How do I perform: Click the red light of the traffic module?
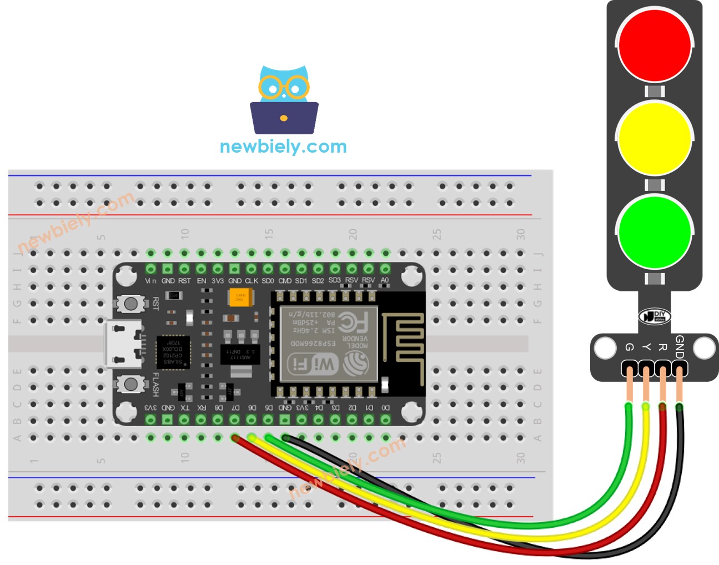click(654, 44)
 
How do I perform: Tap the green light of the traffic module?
click(654, 231)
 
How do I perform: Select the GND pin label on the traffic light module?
click(679, 347)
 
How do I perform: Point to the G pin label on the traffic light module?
click(629, 347)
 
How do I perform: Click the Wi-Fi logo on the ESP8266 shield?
click(313, 364)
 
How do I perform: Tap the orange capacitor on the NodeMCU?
click(240, 297)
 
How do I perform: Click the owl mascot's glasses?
click(284, 88)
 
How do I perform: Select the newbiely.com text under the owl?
click(283, 147)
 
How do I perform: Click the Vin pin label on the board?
click(150, 281)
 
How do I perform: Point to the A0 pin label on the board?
click(385, 280)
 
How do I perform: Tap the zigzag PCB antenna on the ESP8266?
click(403, 344)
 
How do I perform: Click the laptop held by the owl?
click(284, 118)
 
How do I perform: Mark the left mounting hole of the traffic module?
click(605, 349)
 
